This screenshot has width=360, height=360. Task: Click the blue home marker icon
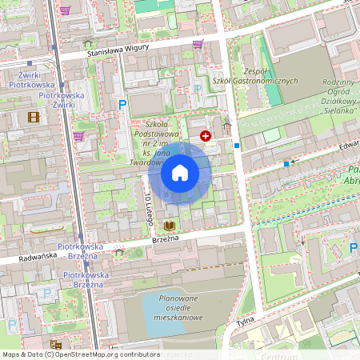tap(180, 173)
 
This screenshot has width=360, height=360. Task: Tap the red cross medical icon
tap(206, 137)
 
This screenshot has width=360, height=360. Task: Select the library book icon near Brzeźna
tap(170, 226)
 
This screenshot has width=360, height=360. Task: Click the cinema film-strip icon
tap(33, 117)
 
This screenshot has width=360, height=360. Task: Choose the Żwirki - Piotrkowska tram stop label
tap(30, 79)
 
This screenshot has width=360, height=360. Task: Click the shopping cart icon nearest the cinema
tap(78, 136)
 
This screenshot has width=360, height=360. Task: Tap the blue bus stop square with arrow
tap(286, 164)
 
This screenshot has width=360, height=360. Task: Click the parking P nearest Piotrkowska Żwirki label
tap(122, 104)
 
